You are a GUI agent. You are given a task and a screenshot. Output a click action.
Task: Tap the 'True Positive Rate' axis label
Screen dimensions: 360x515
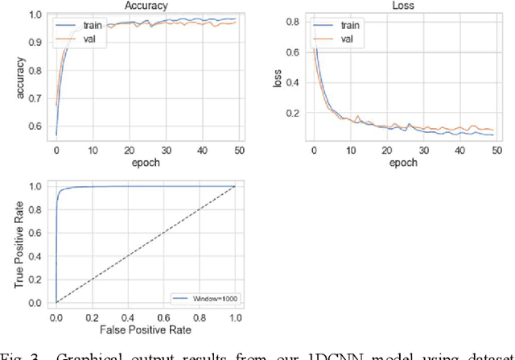[x=17, y=244]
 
